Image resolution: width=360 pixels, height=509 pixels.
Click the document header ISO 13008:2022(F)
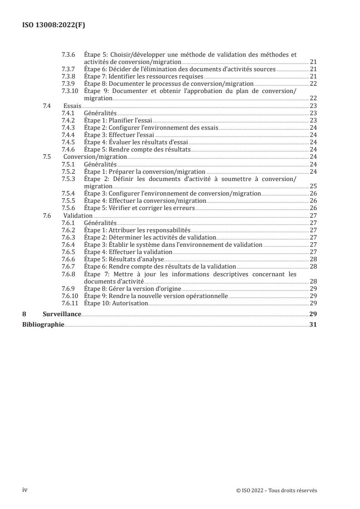click(54, 25)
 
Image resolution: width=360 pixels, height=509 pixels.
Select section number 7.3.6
click(68, 54)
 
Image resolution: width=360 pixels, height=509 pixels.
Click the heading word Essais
click(72, 105)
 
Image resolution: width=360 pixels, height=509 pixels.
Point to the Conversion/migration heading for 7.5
click(89, 157)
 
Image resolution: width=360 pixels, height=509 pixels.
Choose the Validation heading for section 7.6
click(78, 215)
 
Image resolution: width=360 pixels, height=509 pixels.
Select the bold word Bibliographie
click(44, 324)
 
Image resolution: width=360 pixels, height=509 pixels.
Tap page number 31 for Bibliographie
click(313, 324)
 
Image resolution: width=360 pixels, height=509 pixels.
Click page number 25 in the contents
click(313, 186)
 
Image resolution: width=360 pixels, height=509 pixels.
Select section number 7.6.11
click(70, 303)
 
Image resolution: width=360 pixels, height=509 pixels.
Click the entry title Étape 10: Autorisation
click(116, 303)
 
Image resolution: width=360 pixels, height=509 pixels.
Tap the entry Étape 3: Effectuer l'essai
click(119, 135)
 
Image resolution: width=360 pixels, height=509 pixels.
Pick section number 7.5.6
click(68, 208)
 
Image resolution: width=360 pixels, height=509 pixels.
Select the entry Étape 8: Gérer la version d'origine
click(133, 289)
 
